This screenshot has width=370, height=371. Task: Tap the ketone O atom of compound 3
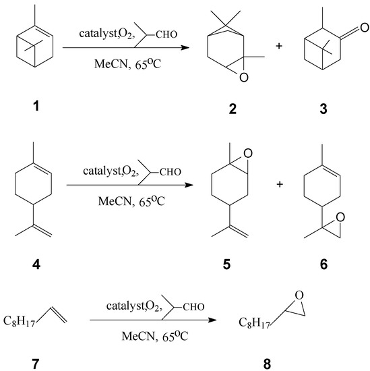(364, 28)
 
